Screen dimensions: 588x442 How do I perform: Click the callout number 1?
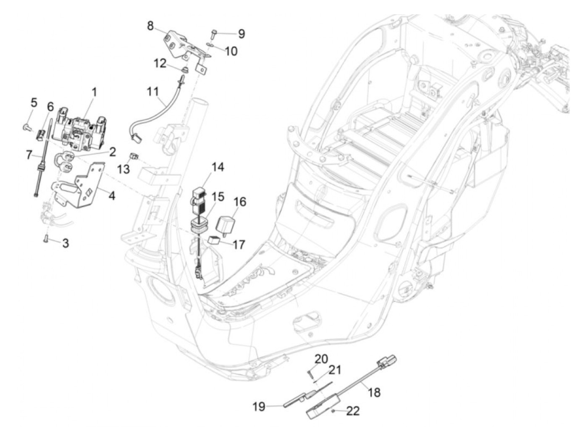pos(94,92)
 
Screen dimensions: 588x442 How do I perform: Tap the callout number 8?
pos(150,26)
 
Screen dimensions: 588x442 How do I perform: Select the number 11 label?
pos(153,92)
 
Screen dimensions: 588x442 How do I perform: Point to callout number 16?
pos(240,202)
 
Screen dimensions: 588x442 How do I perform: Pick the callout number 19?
pos(259,407)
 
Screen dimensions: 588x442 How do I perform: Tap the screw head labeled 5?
pos(26,127)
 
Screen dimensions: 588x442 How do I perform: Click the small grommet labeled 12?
pos(185,70)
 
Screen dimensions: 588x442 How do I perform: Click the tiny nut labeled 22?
pos(333,411)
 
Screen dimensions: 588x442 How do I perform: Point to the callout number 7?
pos(29,155)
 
